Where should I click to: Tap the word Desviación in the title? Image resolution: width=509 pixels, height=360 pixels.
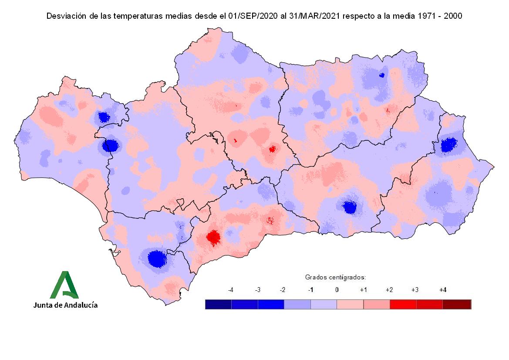[x=65, y=16]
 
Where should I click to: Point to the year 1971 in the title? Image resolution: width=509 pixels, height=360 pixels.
[x=422, y=16]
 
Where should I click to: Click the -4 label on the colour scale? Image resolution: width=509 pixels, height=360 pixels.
[x=231, y=290]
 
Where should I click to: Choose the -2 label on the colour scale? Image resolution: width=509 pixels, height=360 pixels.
[x=283, y=290]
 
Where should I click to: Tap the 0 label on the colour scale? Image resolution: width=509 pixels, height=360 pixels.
[x=337, y=290]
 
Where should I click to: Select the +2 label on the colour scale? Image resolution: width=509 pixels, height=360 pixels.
[x=389, y=290]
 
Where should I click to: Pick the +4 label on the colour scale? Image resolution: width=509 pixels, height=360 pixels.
[x=443, y=290]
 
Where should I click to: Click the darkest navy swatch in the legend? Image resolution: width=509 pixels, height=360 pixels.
[x=218, y=304]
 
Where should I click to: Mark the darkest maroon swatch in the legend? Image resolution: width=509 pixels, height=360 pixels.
[x=457, y=304]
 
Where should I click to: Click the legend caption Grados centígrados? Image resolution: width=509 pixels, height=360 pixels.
[x=335, y=277]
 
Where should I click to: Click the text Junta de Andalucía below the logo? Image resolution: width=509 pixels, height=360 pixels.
[x=65, y=305]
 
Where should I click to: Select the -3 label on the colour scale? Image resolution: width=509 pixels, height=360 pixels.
[x=257, y=290]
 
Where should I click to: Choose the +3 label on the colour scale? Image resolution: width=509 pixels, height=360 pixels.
[x=415, y=290]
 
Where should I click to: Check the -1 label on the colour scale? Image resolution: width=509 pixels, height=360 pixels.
[x=310, y=290]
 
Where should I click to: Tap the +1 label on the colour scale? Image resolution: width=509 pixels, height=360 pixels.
[x=364, y=290]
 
